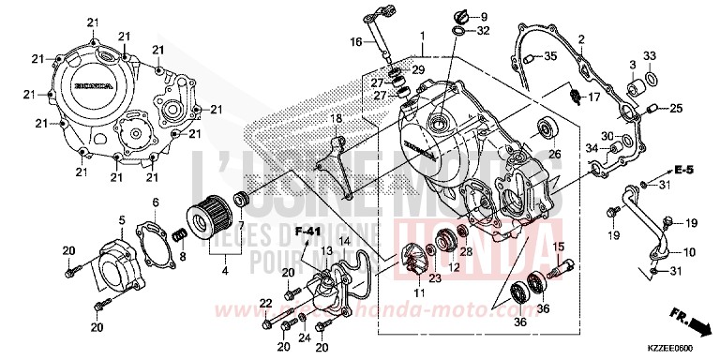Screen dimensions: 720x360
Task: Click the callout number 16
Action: pyautogui.click(x=355, y=42)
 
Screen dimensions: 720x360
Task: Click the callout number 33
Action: pyautogui.click(x=649, y=55)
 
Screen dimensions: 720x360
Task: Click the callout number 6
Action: pyautogui.click(x=156, y=202)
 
